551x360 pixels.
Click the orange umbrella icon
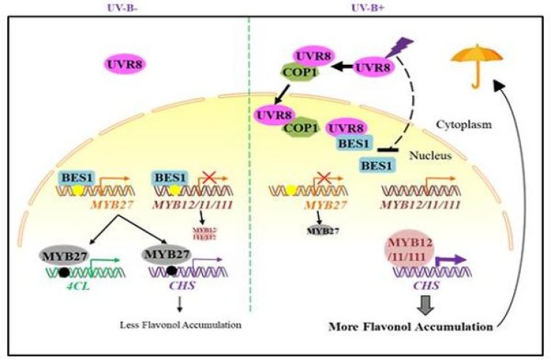474,58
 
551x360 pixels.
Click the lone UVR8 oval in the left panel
124,65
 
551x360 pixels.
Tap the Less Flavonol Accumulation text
181,324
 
